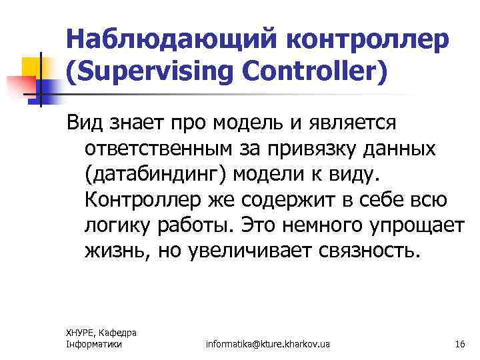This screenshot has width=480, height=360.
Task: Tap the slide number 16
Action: pos(459,344)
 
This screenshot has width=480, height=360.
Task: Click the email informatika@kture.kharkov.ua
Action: pos(268,344)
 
